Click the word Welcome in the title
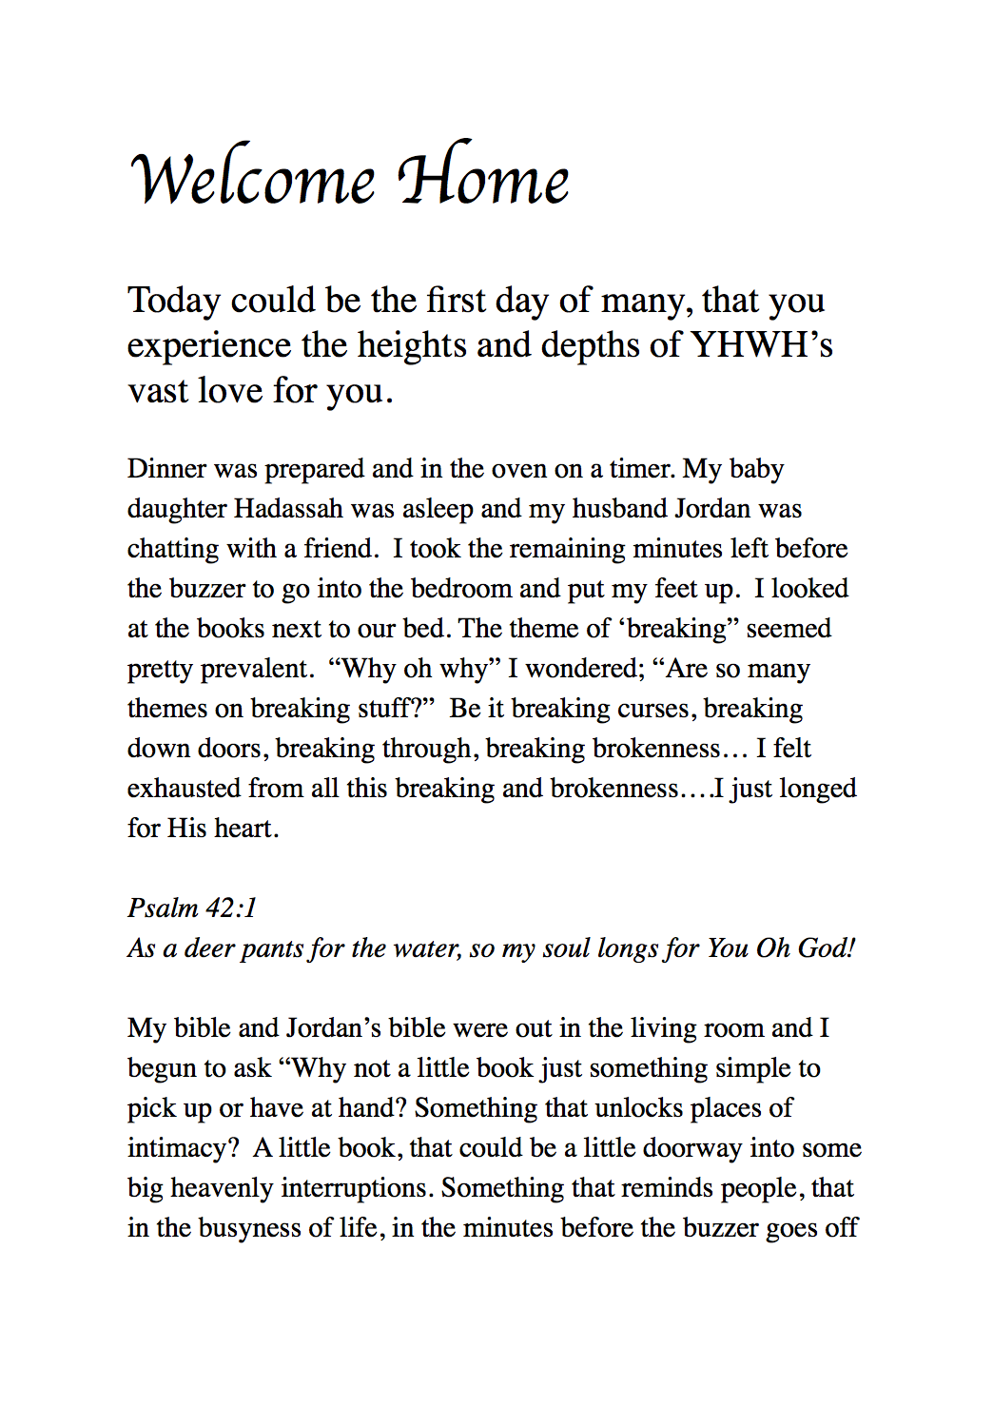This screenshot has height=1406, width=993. [253, 179]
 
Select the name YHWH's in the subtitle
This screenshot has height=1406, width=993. [762, 344]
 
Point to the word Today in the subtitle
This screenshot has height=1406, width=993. [174, 301]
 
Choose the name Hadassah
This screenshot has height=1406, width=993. [288, 509]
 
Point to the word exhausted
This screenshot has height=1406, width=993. [184, 789]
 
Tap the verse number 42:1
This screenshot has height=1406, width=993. [231, 908]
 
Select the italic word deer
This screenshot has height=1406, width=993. [209, 948]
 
